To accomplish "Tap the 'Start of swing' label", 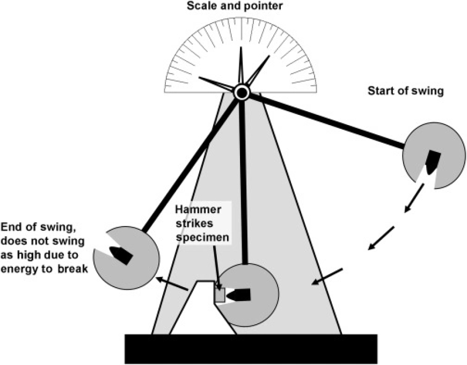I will tap(405, 91).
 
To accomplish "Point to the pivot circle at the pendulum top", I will tap(242, 93).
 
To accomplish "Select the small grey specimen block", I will tap(220, 295).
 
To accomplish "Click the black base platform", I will tap(251, 348).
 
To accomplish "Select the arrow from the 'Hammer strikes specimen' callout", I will tap(217, 268).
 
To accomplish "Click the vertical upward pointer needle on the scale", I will tap(240, 67).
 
